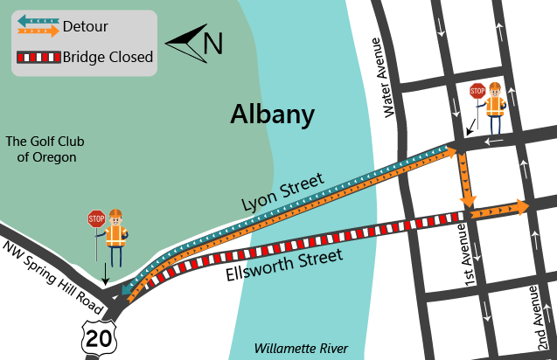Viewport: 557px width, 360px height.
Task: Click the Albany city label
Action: [x=272, y=114]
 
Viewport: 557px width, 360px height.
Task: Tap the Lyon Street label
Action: [x=284, y=192]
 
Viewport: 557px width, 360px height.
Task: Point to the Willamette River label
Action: [x=300, y=348]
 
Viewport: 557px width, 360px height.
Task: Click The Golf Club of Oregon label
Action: [x=41, y=149]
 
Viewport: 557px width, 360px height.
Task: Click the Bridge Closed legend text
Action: [x=108, y=59]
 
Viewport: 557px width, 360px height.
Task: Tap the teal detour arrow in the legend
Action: [x=38, y=20]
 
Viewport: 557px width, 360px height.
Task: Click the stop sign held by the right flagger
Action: [x=477, y=90]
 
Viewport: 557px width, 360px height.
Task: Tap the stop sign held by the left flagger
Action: [x=96, y=218]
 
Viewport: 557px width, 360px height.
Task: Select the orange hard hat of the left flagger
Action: [x=115, y=214]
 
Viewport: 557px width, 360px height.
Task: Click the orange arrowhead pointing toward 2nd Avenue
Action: [x=522, y=206]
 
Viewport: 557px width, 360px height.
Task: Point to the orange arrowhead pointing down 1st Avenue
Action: [x=469, y=201]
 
